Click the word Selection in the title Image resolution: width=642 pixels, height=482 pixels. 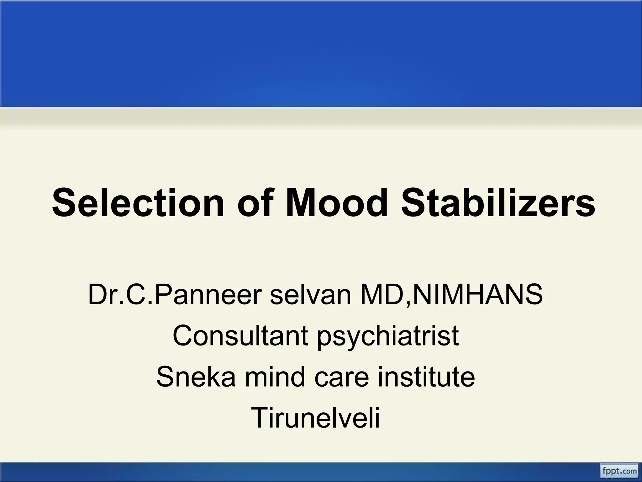coord(138,203)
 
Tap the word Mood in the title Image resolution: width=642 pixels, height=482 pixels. coord(337,203)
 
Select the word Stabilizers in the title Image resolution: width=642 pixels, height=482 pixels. coord(498,203)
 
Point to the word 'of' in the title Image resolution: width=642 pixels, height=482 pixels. coord(255,203)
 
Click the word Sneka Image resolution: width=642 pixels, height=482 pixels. coord(196,377)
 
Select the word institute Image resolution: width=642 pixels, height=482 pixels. coord(426,377)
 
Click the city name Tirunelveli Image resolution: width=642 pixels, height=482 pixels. coord(315,418)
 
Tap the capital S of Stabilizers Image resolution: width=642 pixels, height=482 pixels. coord(413,203)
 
